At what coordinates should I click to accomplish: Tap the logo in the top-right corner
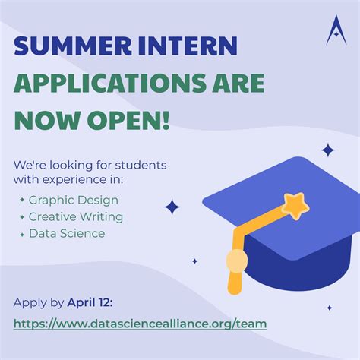point(336,30)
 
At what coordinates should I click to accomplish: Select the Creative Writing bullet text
point(75,216)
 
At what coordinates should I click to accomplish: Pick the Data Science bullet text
point(66,233)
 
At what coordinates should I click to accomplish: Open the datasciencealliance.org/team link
point(140,323)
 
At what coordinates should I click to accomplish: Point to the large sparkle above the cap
point(328,150)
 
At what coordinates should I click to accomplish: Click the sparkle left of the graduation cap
point(172,207)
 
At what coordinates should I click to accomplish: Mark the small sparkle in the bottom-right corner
point(329,308)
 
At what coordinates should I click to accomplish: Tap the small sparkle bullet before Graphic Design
point(22,201)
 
